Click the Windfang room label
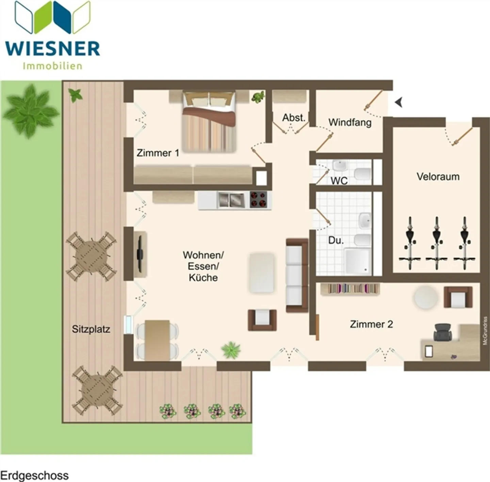tap(350, 122)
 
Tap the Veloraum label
tap(438, 176)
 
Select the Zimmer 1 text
tap(158, 153)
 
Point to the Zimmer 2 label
tap(371, 324)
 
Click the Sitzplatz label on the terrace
tap(91, 329)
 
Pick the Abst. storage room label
tap(293, 118)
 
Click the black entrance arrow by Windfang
tap(398, 102)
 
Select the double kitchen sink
tap(231, 200)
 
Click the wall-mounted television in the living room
tap(139, 253)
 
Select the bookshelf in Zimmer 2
tap(349, 289)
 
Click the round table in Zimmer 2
tap(426, 297)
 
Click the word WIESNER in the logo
tap(53, 49)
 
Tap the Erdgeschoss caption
tap(34, 475)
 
